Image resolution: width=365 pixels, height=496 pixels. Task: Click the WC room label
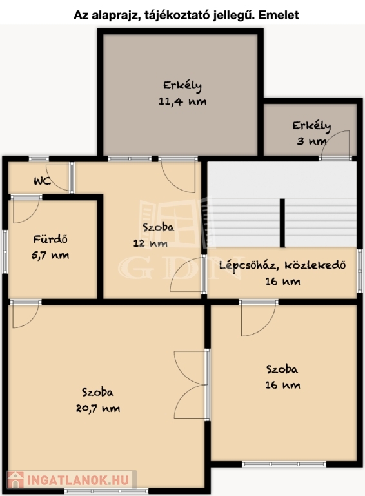coord(43,181)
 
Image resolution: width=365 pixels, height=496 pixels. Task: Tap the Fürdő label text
coord(50,239)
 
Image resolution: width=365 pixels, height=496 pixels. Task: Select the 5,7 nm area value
coord(50,255)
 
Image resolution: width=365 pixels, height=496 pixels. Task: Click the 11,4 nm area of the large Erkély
coord(182,101)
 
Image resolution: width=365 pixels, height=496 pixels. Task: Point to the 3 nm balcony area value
coord(311,141)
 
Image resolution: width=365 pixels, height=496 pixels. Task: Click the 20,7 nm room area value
coord(98,408)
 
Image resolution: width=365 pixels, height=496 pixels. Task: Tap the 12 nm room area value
coord(150,243)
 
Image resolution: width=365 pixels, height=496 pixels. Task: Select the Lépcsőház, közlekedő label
coord(282,265)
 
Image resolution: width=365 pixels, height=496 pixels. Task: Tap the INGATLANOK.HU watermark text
coord(78,480)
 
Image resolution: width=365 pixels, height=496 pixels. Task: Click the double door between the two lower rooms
coord(192,385)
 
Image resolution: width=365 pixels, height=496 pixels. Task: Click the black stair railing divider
coord(282,223)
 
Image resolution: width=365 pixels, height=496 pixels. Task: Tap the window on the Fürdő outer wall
coord(5,251)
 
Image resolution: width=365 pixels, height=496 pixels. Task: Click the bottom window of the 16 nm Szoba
coord(284,464)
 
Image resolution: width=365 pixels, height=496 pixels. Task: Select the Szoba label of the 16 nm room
coord(282,369)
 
